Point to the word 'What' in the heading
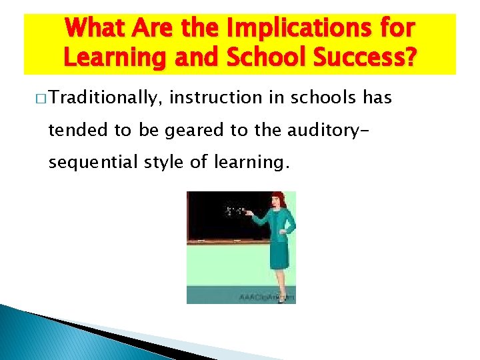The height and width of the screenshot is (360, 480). click(x=92, y=29)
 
